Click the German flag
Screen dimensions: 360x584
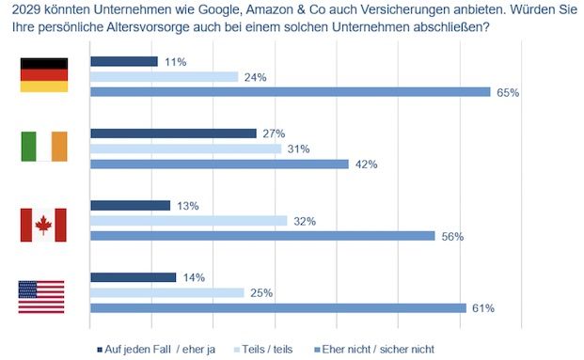(45, 75)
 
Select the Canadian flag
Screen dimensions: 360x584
(43, 225)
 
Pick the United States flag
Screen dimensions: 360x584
(41, 296)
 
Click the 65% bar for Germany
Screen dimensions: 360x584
(290, 92)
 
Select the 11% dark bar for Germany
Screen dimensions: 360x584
(123, 61)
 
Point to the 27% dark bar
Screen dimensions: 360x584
(173, 133)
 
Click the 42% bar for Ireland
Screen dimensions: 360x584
(219, 164)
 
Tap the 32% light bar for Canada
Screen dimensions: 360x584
(188, 221)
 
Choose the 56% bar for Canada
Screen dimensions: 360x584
(262, 236)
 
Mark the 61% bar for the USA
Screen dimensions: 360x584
(277, 307)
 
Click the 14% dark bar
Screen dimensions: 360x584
(133, 277)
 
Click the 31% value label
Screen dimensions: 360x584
(298, 149)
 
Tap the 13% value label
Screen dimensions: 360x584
(186, 205)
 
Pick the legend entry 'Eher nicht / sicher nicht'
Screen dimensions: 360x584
(375, 349)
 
